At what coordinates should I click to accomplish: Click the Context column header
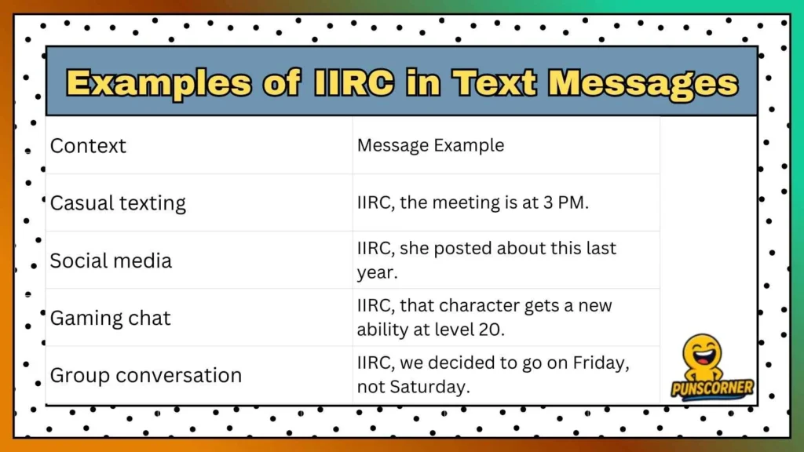point(88,146)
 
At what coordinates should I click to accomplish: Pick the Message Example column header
point(430,145)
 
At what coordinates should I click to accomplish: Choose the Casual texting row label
point(118,203)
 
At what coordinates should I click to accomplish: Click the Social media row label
point(111,261)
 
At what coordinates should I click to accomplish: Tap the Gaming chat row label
point(110,318)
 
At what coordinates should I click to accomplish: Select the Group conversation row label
point(145,375)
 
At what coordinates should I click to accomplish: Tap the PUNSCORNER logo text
point(712,388)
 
